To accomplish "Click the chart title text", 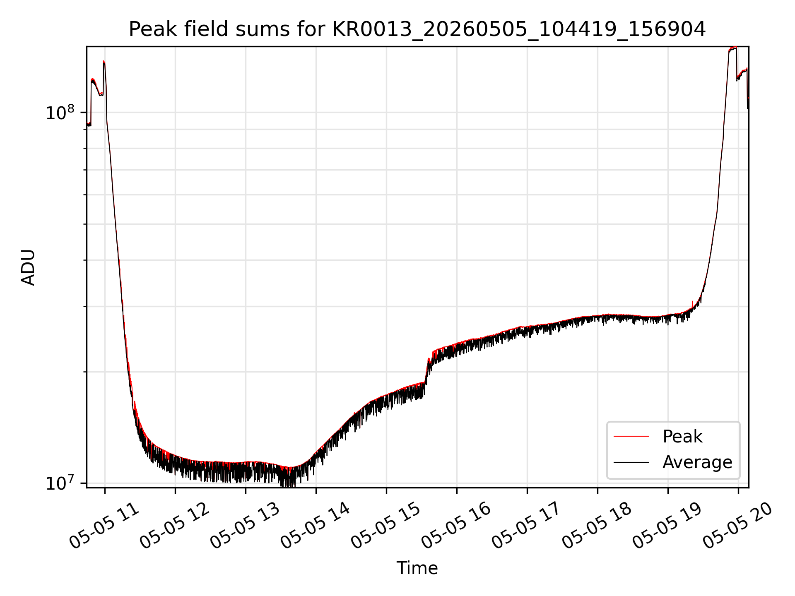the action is [x=417, y=29].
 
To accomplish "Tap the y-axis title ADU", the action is [x=28, y=267].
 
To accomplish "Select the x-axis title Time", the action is [x=417, y=568].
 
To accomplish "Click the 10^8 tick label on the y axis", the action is [x=60, y=112].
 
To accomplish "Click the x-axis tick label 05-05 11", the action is [x=105, y=526].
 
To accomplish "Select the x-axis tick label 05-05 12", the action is [x=175, y=526].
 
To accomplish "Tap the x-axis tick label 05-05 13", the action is [x=246, y=526].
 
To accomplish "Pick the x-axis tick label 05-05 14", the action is [x=316, y=526].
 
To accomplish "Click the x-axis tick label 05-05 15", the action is [x=386, y=526].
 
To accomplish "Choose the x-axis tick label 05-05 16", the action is [x=457, y=526].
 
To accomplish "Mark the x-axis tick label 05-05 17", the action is [x=527, y=526].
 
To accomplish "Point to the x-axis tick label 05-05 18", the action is [x=597, y=526].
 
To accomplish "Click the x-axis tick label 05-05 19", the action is [x=668, y=526].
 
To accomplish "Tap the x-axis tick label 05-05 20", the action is [x=738, y=526].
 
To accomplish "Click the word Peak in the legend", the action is [x=682, y=436].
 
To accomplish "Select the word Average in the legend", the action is [x=697, y=462].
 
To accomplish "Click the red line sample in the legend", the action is [x=631, y=436].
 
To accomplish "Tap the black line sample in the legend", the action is [x=631, y=462].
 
